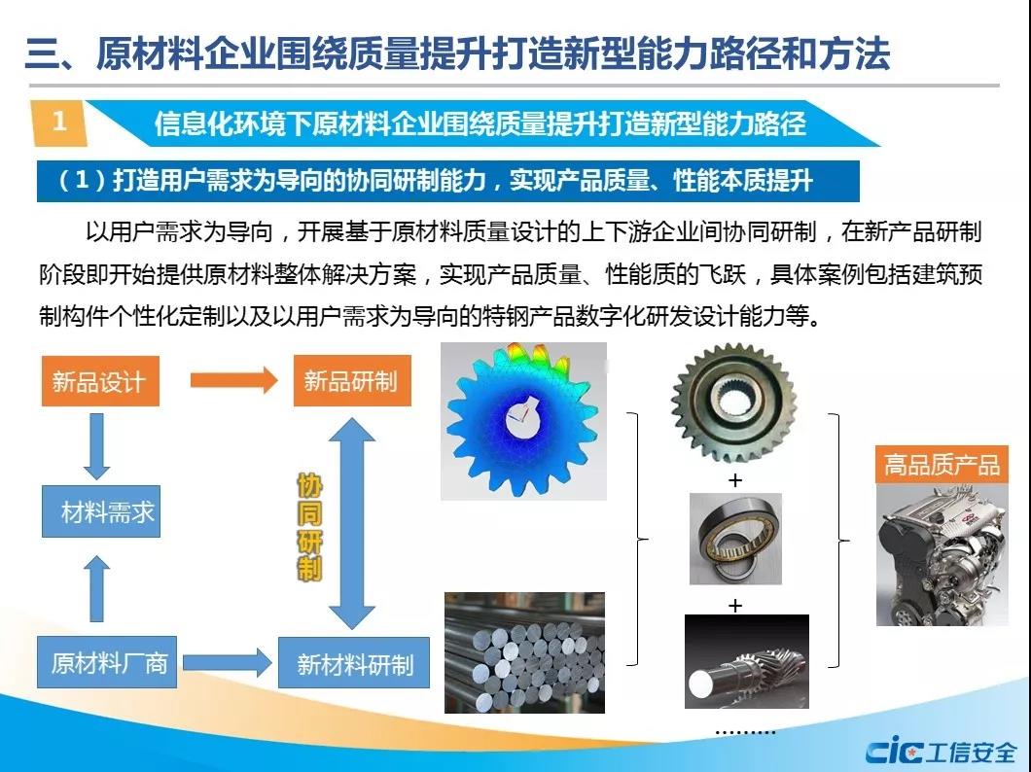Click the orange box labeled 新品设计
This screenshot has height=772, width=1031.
click(x=100, y=381)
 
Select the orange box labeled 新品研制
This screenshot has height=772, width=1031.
click(x=352, y=380)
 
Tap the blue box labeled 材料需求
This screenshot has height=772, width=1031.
click(x=101, y=511)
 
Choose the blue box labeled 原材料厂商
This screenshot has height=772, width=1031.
click(x=107, y=662)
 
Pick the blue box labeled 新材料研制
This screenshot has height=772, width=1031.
click(x=354, y=663)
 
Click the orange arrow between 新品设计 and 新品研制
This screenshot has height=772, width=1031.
click(x=234, y=380)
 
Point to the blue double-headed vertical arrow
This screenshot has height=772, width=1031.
click(x=352, y=523)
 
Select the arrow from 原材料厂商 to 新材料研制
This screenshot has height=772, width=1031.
click(x=228, y=662)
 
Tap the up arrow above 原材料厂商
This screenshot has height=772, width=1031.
click(x=96, y=588)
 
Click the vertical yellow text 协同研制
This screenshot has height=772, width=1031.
click(x=309, y=528)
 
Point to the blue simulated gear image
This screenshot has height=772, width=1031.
click(x=523, y=421)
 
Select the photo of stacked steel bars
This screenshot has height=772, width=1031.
click(x=524, y=652)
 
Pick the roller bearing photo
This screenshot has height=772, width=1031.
click(x=735, y=539)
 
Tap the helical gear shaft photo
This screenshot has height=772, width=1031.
click(x=747, y=661)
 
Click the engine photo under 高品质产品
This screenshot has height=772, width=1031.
click(x=942, y=555)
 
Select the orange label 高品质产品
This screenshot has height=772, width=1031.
click(x=942, y=465)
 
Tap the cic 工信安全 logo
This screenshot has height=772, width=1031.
click(x=942, y=751)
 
